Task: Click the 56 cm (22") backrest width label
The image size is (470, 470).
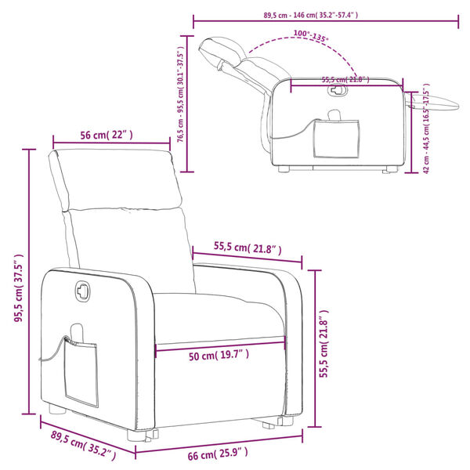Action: tap(107, 135)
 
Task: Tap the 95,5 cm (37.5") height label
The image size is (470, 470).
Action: tap(19, 287)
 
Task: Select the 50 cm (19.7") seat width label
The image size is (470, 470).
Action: tap(219, 356)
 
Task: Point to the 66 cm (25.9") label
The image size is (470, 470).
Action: tap(218, 455)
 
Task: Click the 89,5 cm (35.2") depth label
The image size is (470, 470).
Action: tap(83, 448)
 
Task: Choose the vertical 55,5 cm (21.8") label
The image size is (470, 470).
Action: tap(324, 344)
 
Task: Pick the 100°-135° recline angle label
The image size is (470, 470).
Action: tap(311, 36)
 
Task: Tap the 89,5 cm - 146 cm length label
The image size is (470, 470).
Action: tap(310, 15)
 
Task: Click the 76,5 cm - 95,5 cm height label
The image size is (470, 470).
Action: tap(181, 95)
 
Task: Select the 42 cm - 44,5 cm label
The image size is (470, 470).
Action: tap(426, 128)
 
